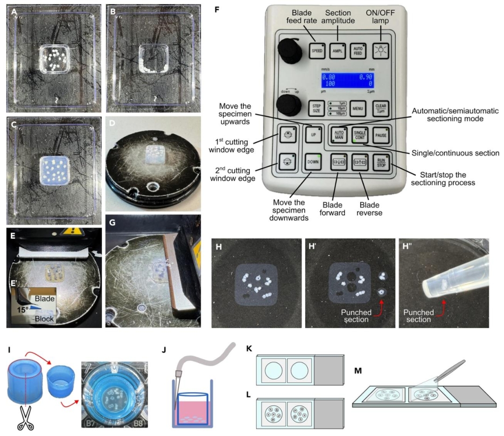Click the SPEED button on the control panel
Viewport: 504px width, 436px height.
[317, 50]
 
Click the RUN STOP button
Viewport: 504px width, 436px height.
[382, 163]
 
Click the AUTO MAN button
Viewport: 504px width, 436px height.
[339, 135]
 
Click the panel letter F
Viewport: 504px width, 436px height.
[217, 10]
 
